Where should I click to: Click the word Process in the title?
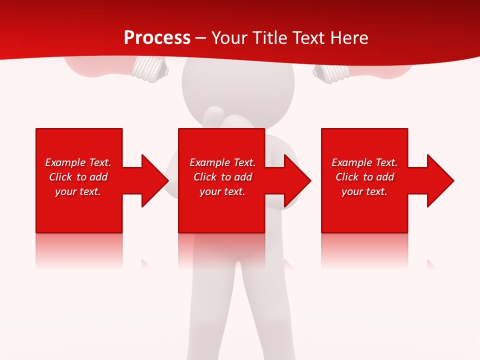[157, 38]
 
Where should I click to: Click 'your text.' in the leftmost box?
[78, 191]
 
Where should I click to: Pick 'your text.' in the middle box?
[222, 191]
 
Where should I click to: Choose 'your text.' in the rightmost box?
[364, 191]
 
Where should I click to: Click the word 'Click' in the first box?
[60, 177]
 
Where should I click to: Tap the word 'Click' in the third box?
[347, 177]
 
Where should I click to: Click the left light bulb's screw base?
[149, 68]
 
